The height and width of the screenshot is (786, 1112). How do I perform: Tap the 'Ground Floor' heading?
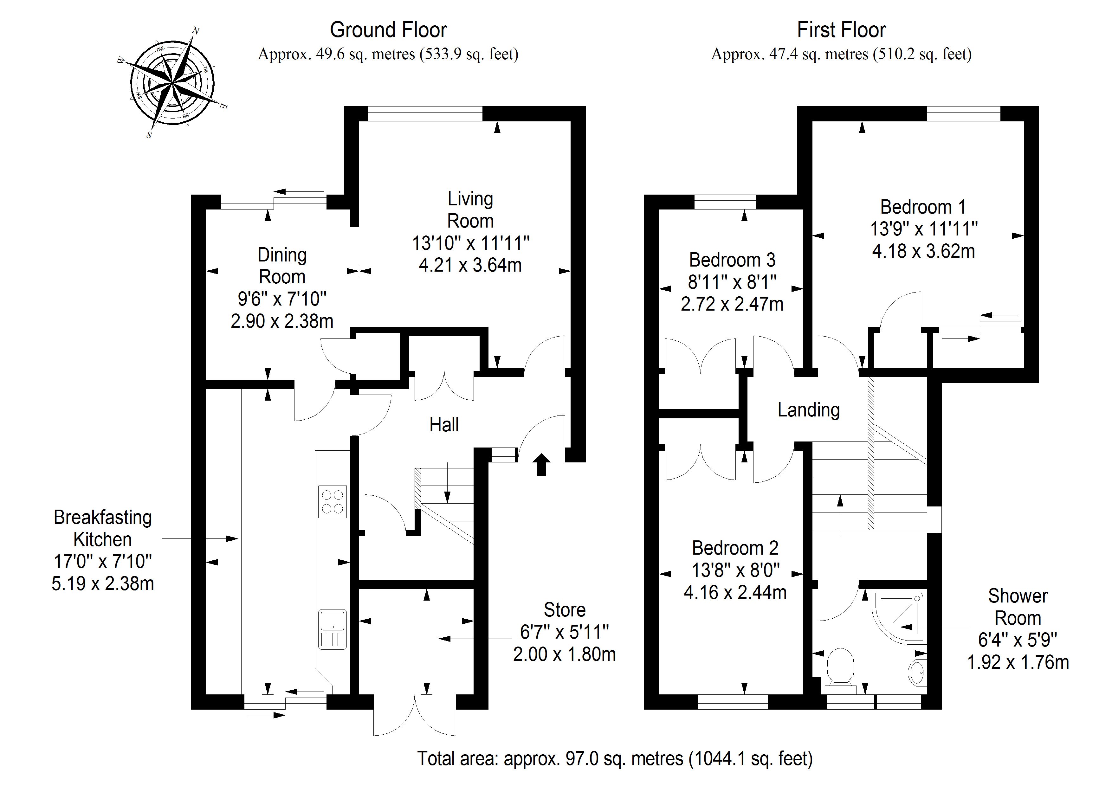(x=388, y=30)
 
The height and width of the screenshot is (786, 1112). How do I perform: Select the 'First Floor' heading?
(x=841, y=30)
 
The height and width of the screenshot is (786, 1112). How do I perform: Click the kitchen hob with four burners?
(x=332, y=501)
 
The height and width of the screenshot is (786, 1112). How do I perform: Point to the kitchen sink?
(x=332, y=628)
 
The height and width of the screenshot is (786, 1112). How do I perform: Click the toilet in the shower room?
(x=840, y=668)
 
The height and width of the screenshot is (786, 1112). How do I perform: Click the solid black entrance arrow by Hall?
(x=541, y=465)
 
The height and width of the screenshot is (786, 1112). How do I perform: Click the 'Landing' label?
(x=808, y=410)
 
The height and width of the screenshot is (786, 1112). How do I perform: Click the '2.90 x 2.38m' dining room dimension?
(x=282, y=321)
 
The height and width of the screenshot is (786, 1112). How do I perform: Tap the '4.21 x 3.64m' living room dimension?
(x=470, y=265)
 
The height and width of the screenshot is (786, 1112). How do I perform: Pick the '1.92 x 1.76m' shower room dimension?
(x=1018, y=662)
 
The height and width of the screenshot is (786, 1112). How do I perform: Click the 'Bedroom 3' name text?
(x=732, y=260)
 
